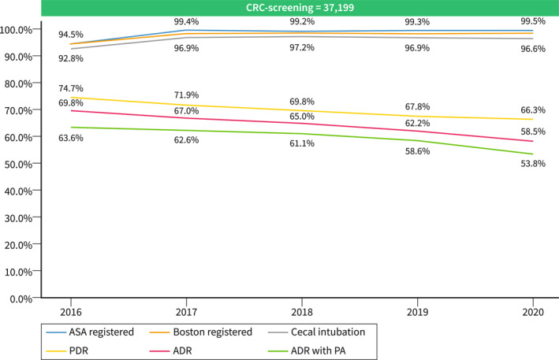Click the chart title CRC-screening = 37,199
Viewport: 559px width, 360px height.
[300, 7]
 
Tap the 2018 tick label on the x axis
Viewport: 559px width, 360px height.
[302, 312]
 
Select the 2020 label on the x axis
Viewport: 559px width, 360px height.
[533, 312]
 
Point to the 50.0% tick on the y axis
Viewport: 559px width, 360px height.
[18, 165]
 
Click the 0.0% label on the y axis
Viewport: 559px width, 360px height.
[21, 299]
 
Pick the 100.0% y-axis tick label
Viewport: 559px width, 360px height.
[16, 30]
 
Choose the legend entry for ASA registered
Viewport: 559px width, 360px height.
[90, 332]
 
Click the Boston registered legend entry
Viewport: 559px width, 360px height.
[201, 332]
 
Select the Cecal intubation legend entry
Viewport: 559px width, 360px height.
[317, 332]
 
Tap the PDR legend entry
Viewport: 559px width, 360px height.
[67, 351]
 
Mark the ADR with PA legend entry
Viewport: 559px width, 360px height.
[307, 351]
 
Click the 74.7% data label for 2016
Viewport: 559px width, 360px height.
[71, 88]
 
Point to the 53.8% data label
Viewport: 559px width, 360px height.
[533, 164]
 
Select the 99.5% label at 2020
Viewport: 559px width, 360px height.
[533, 21]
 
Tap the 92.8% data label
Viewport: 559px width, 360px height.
[71, 58]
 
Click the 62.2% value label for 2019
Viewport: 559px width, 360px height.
[417, 124]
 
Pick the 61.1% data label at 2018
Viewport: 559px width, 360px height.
[302, 143]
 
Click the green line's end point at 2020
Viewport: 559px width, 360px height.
[533, 154]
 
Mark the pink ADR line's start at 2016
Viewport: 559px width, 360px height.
[71, 111]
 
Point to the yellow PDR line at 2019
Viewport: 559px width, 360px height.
[417, 117]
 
